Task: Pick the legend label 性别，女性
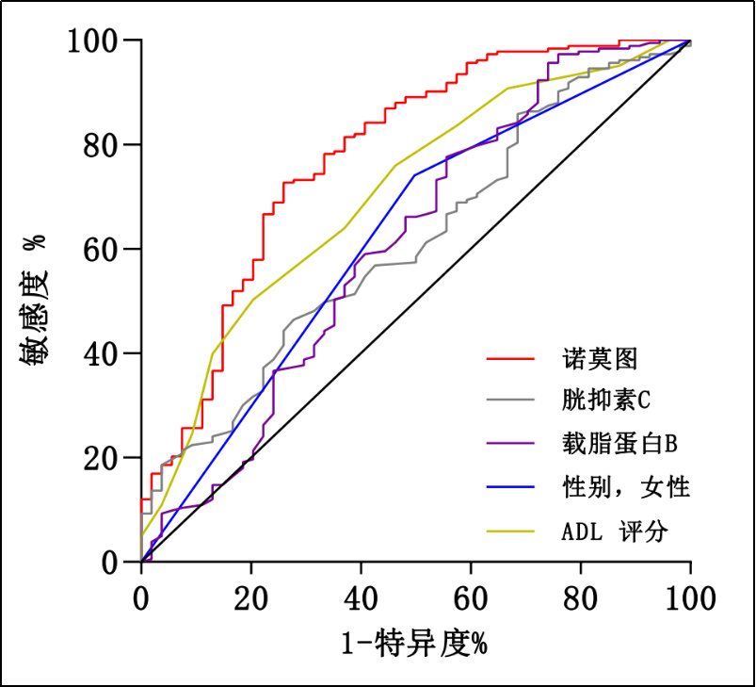(625, 487)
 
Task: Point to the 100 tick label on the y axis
(91, 41)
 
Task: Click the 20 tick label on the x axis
(251, 597)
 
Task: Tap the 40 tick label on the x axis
(362, 597)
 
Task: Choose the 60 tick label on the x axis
(471, 597)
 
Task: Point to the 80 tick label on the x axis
(581, 597)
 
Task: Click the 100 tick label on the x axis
(690, 597)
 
